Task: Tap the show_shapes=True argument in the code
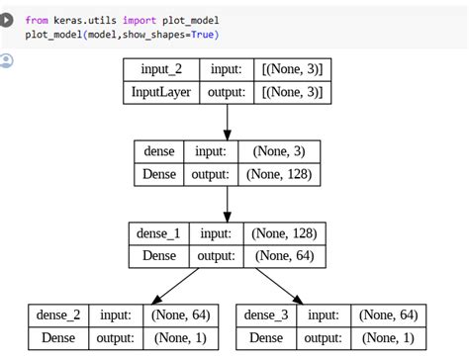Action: click(178, 35)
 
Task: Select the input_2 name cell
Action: click(160, 68)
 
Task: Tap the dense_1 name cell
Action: click(158, 234)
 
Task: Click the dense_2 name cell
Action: click(58, 315)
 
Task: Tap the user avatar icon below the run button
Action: click(9, 61)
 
